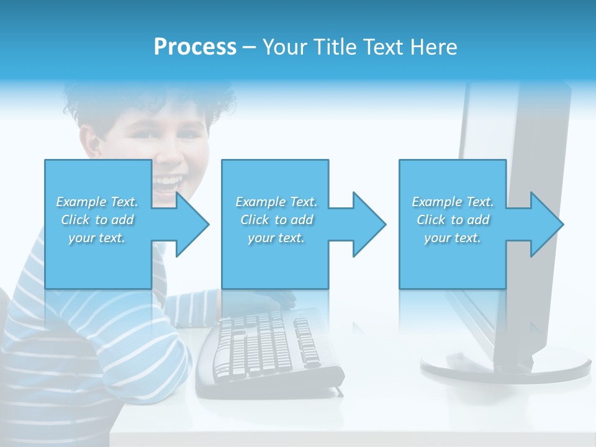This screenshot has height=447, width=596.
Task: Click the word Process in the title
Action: click(195, 47)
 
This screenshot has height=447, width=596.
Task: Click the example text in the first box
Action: click(97, 220)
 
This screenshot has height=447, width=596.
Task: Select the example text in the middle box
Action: click(276, 220)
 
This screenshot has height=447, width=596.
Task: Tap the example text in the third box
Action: click(453, 220)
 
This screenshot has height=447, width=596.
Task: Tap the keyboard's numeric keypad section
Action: click(307, 341)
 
